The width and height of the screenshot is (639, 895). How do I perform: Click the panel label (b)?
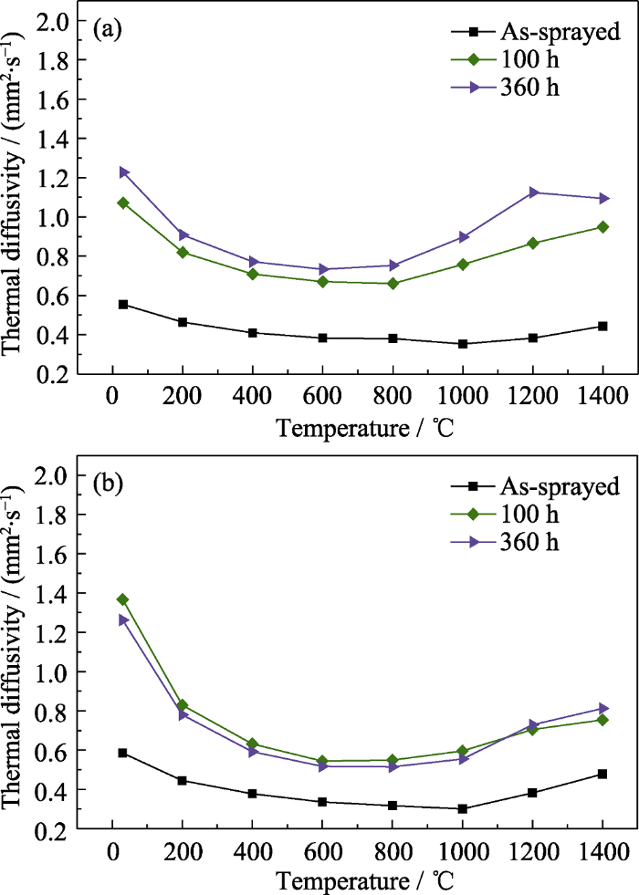110,484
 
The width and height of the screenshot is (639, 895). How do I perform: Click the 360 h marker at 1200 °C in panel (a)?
532,193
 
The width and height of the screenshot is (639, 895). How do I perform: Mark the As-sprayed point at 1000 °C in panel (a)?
463,344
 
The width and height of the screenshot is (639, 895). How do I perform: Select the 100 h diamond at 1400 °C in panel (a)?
603,226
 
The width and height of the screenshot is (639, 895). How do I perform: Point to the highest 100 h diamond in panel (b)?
122,599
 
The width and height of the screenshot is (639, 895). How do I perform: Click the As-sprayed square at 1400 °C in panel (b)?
603,774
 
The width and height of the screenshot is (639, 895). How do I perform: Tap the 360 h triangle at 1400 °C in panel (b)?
603,708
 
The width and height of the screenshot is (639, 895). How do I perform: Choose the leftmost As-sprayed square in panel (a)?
122,304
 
